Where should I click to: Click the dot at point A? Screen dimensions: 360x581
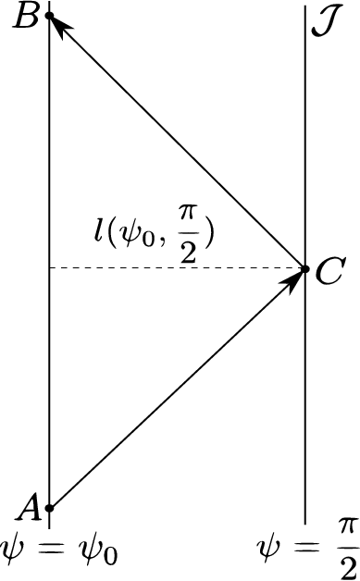point(50,507)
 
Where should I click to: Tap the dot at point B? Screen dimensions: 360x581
point(50,16)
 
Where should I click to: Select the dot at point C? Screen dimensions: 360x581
point(305,268)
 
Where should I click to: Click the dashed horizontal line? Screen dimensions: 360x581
point(176,268)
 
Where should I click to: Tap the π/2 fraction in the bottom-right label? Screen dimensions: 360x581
point(345,545)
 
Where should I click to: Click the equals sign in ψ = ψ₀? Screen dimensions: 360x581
point(53,550)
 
